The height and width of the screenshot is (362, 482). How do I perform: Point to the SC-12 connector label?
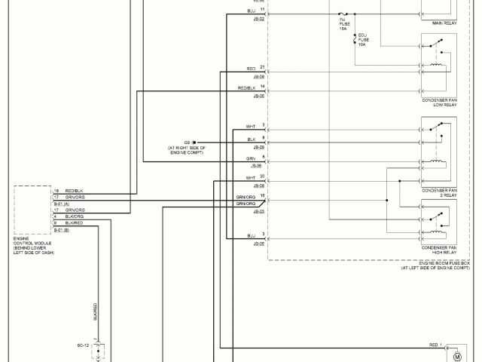pos(84,345)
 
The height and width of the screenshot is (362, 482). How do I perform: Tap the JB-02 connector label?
pos(258,19)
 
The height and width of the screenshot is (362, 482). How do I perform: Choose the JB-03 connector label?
pos(258,211)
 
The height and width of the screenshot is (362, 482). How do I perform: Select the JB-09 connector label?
pos(258,147)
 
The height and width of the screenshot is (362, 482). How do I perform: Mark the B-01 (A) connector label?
pos(61,204)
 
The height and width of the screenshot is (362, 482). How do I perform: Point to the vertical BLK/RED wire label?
pos(95,311)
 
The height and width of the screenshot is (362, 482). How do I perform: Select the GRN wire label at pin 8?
pos(251,158)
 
